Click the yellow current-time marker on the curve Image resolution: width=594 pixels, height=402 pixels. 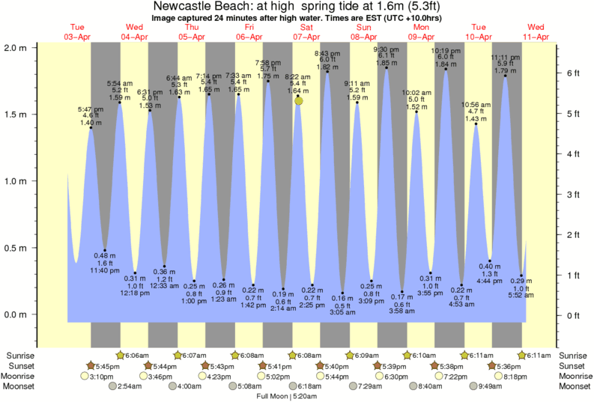(299, 100)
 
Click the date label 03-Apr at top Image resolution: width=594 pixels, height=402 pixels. (77, 36)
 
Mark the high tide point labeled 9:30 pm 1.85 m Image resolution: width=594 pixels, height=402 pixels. (387, 68)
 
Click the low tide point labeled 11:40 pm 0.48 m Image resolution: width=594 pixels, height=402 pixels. (105, 250)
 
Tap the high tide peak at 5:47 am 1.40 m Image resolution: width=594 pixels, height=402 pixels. (91, 128)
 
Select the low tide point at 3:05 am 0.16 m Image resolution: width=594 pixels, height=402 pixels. (342, 293)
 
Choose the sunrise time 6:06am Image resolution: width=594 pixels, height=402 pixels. (136, 355)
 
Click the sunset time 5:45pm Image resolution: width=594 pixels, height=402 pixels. (107, 365)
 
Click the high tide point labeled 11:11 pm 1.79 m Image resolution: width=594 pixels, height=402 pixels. (505, 76)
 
